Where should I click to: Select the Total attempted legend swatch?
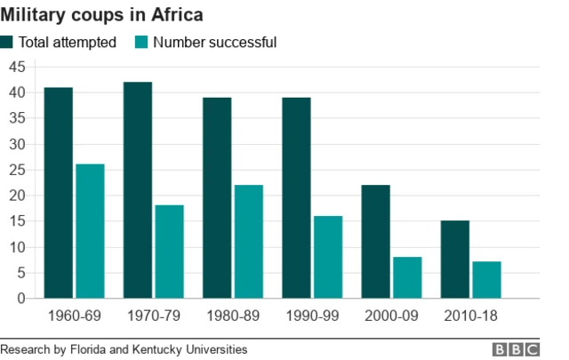click(x=7, y=43)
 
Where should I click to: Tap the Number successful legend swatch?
click(x=140, y=43)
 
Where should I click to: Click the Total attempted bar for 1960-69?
click(x=58, y=193)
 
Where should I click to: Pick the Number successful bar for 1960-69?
click(x=90, y=231)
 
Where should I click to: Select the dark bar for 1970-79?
click(x=137, y=190)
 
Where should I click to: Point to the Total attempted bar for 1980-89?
click(x=217, y=197)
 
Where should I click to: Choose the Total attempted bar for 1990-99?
click(x=296, y=197)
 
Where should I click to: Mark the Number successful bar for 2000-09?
click(x=407, y=277)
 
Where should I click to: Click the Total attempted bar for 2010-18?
click(x=454, y=260)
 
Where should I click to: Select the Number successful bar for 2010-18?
click(x=486, y=280)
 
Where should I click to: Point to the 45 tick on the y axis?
click(x=16, y=67)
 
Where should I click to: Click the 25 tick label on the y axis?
click(x=16, y=170)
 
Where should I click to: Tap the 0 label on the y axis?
click(x=20, y=299)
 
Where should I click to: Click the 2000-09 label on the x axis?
click(x=390, y=316)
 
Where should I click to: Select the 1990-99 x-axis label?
click(x=311, y=316)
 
